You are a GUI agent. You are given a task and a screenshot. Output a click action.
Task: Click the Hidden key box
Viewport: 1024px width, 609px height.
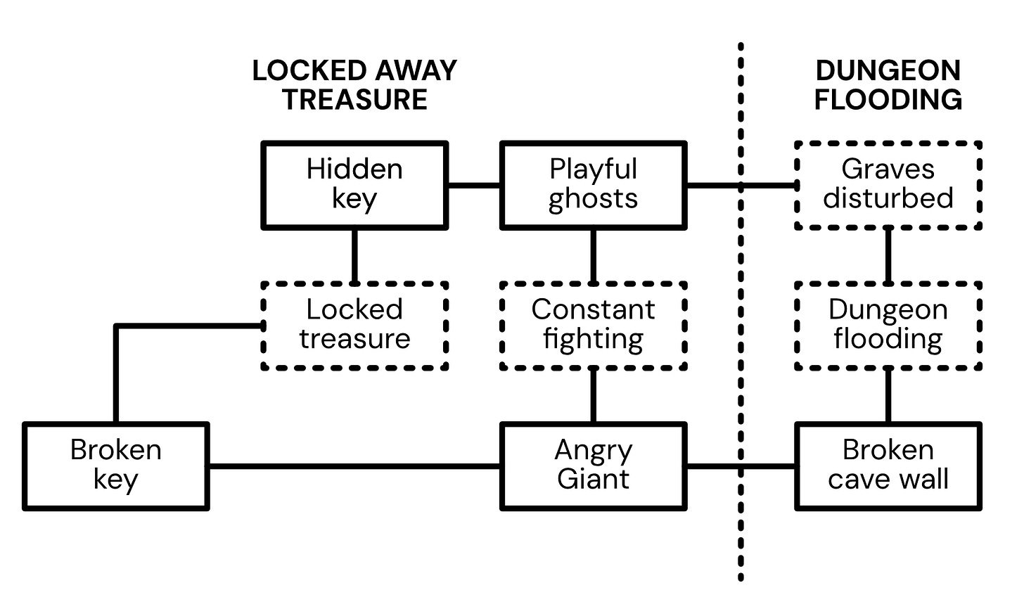point(354,185)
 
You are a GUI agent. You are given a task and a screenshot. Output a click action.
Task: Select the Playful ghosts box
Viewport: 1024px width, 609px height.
point(593,185)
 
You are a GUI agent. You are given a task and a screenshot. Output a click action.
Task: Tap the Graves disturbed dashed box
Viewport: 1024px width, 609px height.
point(888,185)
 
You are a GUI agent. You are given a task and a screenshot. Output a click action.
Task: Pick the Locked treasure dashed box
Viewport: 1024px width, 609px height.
point(354,326)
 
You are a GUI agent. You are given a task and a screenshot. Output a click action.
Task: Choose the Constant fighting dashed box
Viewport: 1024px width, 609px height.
point(593,326)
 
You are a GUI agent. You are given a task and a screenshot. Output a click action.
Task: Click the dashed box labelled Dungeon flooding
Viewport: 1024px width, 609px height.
point(888,326)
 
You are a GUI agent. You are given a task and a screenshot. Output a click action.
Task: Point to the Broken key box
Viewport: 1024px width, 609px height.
point(116,466)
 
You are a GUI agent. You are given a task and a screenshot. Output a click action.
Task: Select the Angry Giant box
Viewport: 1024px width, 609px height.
point(593,466)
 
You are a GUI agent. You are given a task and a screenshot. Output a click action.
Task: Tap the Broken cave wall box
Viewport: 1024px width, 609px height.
point(888,466)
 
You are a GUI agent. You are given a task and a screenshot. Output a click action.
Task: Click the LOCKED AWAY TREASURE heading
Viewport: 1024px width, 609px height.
point(354,85)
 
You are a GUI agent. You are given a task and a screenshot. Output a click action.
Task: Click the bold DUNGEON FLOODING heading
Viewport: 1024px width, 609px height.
point(888,85)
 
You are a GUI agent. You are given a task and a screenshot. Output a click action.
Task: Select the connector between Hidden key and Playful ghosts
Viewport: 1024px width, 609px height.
point(474,186)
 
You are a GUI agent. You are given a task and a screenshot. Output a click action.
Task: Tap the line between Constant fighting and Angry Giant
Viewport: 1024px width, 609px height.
point(593,396)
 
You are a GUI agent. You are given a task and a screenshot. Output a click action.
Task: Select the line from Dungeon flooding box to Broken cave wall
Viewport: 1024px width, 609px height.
point(888,396)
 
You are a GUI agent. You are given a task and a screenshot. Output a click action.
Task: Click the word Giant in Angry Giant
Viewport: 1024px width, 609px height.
point(593,480)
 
